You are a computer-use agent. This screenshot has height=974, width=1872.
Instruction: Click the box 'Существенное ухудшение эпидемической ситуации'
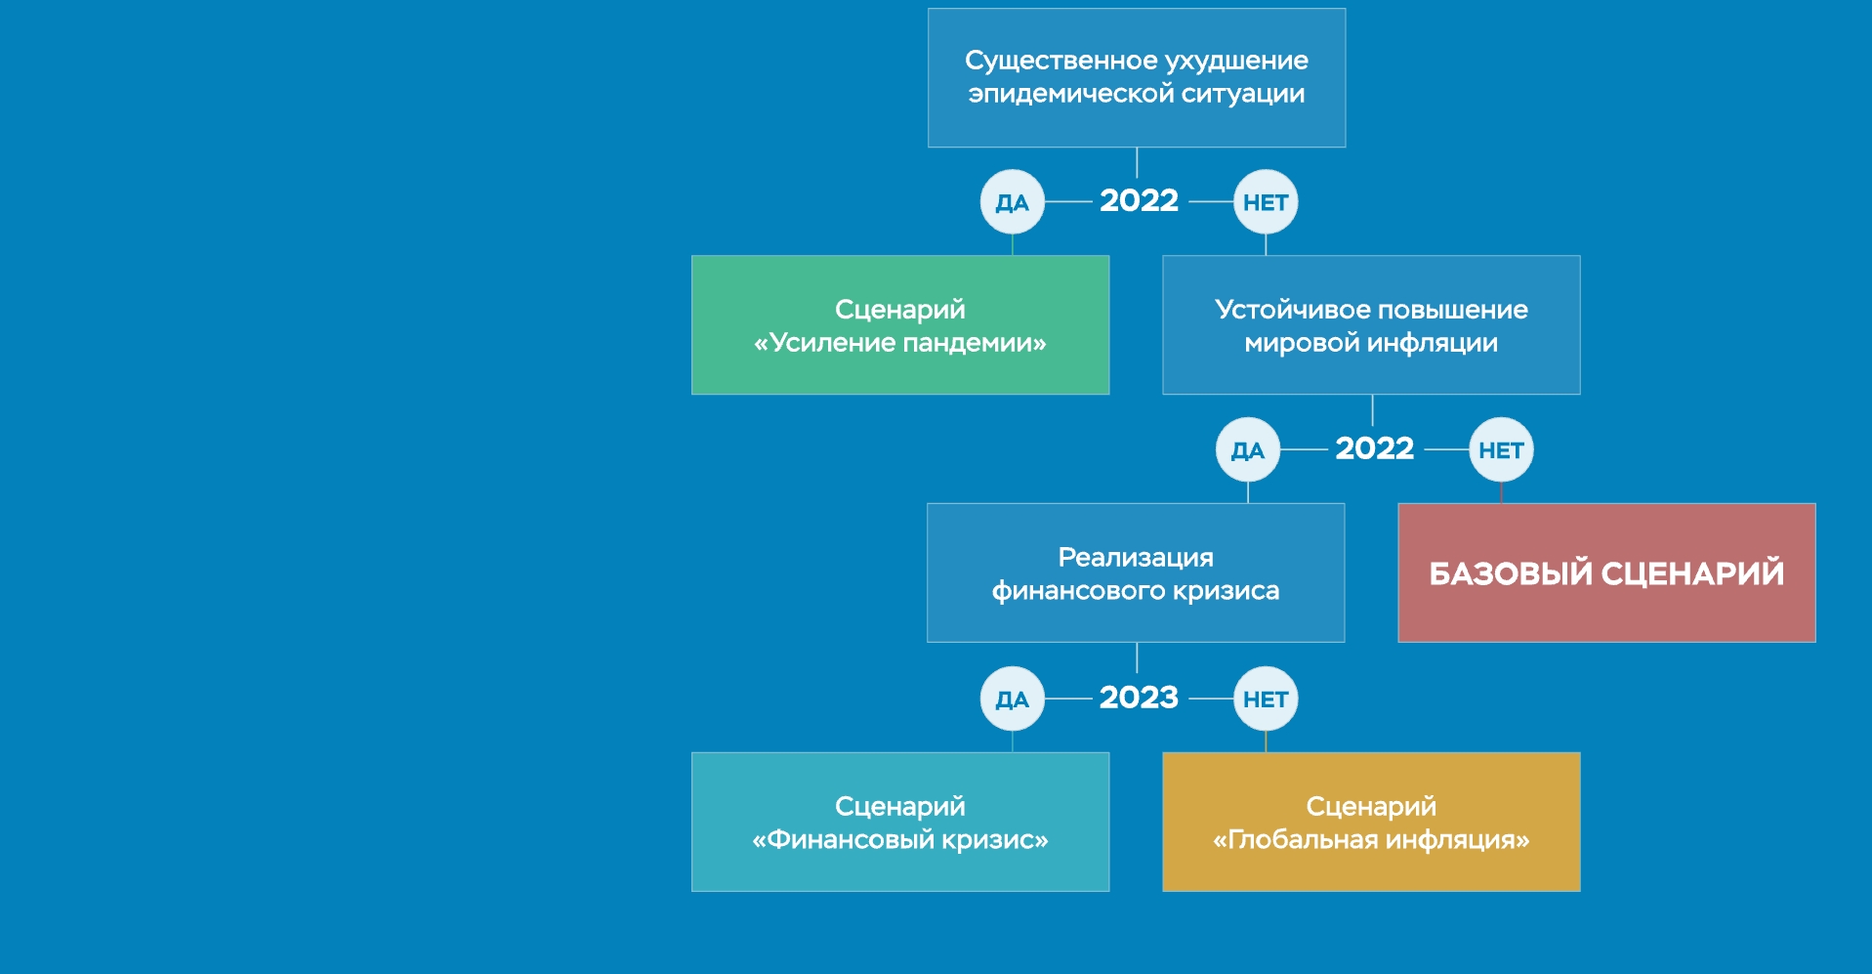pyautogui.click(x=1137, y=78)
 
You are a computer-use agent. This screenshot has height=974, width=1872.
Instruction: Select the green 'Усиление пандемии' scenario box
pyautogui.click(x=900, y=325)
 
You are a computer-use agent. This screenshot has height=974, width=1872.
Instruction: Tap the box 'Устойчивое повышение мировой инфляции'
pyautogui.click(x=1371, y=325)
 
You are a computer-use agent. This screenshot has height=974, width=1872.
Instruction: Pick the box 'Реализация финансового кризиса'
pyautogui.click(x=1136, y=572)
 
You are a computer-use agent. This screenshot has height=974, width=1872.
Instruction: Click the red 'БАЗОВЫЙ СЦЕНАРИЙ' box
pyautogui.click(x=1606, y=572)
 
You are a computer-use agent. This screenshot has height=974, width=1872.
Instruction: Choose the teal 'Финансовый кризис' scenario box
pyautogui.click(x=900, y=822)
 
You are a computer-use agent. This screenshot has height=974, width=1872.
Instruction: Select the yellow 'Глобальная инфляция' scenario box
pyautogui.click(x=1371, y=822)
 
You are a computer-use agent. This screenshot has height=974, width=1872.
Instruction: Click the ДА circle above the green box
pyautogui.click(x=1013, y=202)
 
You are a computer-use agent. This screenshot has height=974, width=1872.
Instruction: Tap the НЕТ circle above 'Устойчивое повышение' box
pyautogui.click(x=1266, y=202)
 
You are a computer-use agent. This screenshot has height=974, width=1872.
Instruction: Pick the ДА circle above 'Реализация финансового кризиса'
pyautogui.click(x=1248, y=450)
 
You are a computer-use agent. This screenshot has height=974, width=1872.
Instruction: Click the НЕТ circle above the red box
pyautogui.click(x=1501, y=450)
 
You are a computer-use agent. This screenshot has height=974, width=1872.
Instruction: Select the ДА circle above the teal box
pyautogui.click(x=1013, y=699)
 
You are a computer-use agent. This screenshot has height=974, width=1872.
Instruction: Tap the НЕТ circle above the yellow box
pyautogui.click(x=1266, y=699)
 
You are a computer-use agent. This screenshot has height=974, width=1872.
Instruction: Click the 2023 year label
pyautogui.click(x=1139, y=698)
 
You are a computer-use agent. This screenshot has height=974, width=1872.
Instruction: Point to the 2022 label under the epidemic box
pyautogui.click(x=1139, y=200)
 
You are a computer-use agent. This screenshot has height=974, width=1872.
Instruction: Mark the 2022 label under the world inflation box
pyautogui.click(x=1374, y=448)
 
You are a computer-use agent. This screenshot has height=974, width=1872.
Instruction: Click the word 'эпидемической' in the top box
pyautogui.click(x=1070, y=94)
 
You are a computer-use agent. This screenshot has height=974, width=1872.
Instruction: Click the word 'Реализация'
pyautogui.click(x=1136, y=558)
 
